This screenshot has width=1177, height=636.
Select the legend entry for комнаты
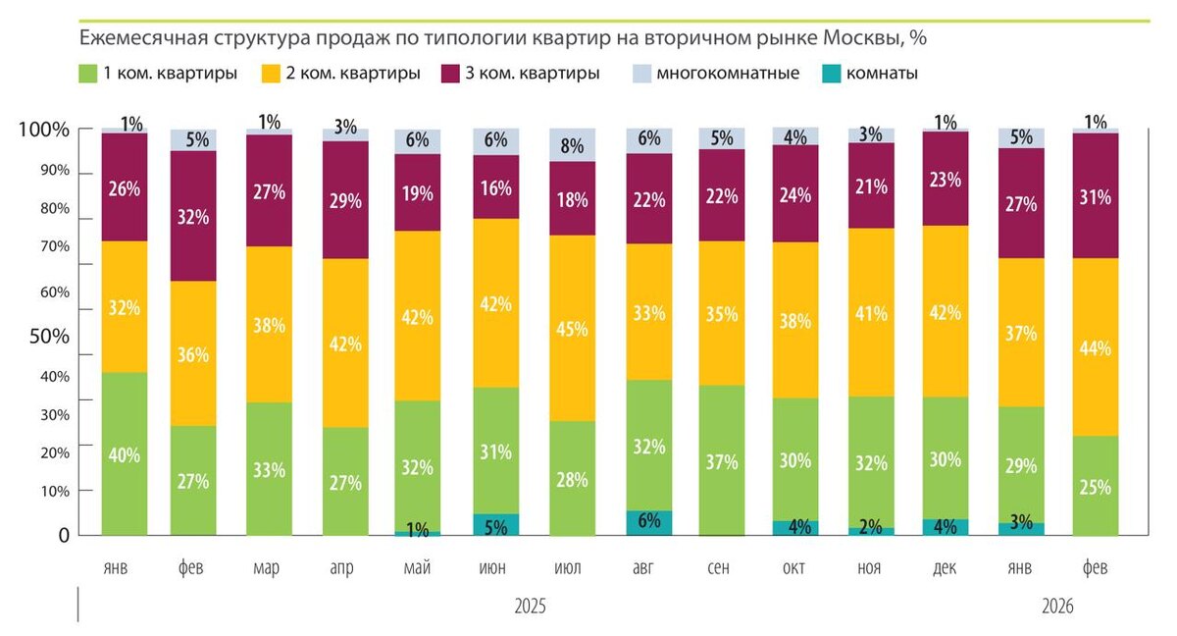tap(869, 74)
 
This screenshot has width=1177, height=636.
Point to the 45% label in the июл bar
tap(572, 329)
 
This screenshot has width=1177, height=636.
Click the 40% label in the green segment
tap(125, 455)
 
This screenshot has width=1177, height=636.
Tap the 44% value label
tap(1096, 348)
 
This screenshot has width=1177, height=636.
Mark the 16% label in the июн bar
tap(496, 188)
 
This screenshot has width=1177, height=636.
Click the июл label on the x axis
tap(572, 568)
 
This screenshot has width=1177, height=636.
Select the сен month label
tap(721, 568)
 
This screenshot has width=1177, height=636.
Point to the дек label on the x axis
tap(946, 568)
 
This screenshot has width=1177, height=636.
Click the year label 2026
tap(1055, 607)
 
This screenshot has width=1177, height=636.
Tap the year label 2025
tap(531, 607)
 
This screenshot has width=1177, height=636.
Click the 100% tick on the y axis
tap(43, 131)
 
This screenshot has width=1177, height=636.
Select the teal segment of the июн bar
tap(496, 525)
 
